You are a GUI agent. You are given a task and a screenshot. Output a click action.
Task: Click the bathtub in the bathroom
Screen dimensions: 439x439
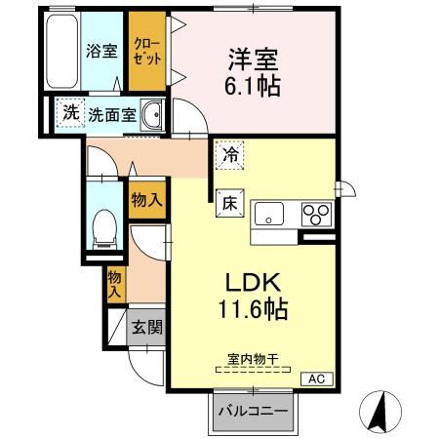pos(62,51)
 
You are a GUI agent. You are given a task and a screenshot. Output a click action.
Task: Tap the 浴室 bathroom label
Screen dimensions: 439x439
pos(101,51)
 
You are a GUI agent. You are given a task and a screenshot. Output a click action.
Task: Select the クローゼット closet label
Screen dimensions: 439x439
pos(147,52)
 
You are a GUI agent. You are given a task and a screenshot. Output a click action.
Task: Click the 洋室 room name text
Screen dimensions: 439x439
pos(254,60)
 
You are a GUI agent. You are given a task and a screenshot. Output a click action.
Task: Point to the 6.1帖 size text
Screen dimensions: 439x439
pos(253,86)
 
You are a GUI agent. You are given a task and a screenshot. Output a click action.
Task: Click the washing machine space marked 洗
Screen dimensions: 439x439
pos(70,112)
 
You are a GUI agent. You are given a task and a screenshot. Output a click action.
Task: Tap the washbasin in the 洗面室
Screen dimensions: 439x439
pos(151,115)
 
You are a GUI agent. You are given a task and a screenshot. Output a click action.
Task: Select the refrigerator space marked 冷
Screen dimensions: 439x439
pos(230,155)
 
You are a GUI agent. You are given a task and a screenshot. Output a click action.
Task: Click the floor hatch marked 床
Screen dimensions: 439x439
pos(230,203)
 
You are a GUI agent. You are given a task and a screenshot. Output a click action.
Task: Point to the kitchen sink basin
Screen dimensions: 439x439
pos(269,214)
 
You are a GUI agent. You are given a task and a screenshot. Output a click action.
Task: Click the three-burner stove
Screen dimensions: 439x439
pos(316,214)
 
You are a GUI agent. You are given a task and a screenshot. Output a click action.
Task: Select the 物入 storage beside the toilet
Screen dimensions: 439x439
pos(147,199)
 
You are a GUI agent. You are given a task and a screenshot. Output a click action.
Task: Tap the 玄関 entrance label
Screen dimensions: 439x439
pos(147,327)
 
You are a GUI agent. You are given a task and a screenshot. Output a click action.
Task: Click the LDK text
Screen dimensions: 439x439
pos(254,282)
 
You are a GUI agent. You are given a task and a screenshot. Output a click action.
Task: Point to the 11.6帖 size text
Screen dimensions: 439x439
pos(253,309)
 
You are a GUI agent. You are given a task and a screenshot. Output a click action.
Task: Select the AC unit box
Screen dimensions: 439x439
pos(317,379)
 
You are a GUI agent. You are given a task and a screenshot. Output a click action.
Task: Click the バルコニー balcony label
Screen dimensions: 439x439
pos(254,412)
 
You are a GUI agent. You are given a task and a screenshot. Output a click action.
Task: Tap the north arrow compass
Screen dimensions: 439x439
pos(380,412)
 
